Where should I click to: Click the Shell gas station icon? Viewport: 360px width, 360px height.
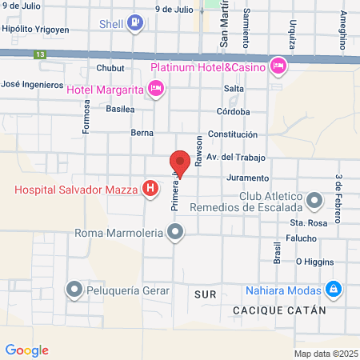(x=135, y=23)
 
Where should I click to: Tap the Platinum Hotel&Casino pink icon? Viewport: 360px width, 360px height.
(x=278, y=65)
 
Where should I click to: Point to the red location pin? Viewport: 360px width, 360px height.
(x=180, y=164)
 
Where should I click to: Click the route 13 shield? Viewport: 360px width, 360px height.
(x=39, y=54)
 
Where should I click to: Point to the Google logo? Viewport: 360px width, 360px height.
(x=26, y=350)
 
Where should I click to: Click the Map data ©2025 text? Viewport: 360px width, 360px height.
(x=326, y=354)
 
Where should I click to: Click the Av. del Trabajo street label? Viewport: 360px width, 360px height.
(x=235, y=157)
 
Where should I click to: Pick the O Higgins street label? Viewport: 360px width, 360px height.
(x=313, y=261)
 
